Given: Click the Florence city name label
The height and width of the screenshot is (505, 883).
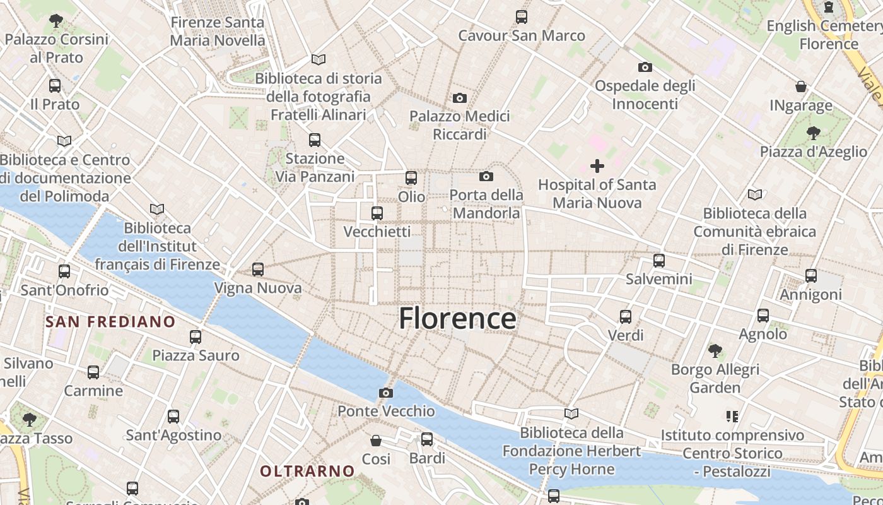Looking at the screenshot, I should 457,318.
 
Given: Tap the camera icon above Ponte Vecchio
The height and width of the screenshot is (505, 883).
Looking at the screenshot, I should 386,393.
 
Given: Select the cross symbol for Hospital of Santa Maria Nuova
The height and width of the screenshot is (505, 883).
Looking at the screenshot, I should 597,166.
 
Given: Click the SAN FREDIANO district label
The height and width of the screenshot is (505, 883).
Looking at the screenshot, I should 110,321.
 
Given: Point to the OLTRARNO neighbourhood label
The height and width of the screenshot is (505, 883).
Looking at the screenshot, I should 308,471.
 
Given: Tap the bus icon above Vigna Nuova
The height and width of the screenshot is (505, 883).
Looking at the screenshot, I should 257,270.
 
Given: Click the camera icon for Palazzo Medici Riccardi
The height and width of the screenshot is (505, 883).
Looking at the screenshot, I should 460,98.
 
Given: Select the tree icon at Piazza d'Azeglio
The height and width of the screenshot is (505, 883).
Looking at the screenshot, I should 813,133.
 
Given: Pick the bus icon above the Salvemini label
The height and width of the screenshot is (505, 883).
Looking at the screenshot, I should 659,260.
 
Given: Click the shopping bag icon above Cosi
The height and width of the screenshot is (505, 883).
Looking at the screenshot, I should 376,440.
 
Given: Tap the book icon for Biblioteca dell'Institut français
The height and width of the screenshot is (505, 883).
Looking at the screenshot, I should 157,209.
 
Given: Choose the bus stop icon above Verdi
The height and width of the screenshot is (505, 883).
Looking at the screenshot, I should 626,317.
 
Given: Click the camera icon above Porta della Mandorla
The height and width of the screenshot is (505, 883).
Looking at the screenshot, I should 486,176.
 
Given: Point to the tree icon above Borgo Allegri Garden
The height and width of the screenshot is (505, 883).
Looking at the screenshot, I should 715,350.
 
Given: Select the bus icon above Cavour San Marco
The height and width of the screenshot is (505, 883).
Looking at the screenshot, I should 522,17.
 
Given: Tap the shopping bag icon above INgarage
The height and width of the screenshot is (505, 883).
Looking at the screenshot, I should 801,86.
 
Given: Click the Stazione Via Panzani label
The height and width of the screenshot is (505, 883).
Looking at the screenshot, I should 315,167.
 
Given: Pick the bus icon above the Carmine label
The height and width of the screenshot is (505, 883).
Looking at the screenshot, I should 93,372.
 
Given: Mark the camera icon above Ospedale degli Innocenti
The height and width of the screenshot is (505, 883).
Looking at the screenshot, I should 645,67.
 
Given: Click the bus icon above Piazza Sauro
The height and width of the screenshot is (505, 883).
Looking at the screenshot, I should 196,337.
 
